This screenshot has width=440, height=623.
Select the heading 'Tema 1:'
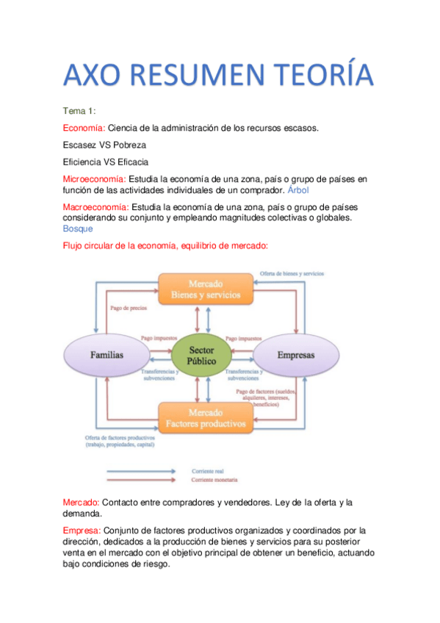(79, 111)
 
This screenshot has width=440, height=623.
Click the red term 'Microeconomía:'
(95, 179)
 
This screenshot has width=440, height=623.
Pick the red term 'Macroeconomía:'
(95, 207)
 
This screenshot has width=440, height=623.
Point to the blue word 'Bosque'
(78, 228)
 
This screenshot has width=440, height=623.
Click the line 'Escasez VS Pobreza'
(104, 145)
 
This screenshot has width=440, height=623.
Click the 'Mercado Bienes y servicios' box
(206, 289)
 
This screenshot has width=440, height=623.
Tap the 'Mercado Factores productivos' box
(206, 418)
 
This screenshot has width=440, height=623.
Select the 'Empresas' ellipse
(295, 355)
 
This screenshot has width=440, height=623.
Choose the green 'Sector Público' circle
(201, 356)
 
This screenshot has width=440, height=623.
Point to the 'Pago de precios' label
(127, 309)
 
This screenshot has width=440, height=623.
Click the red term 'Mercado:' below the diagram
(82, 503)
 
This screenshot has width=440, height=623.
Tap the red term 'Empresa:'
(82, 530)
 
